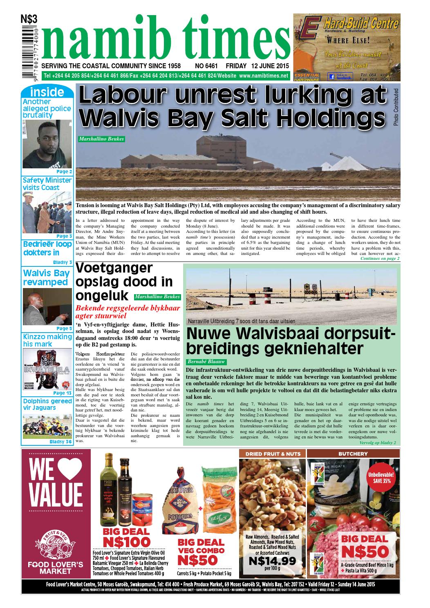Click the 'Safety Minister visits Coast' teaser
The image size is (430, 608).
[47, 184]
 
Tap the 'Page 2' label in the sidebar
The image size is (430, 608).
[64, 172]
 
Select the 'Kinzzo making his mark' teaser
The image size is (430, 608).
[47, 340]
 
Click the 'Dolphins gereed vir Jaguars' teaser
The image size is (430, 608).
[47, 405]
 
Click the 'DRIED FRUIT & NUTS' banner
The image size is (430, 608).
[272, 454]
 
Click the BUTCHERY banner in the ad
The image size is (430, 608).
[353, 454]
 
